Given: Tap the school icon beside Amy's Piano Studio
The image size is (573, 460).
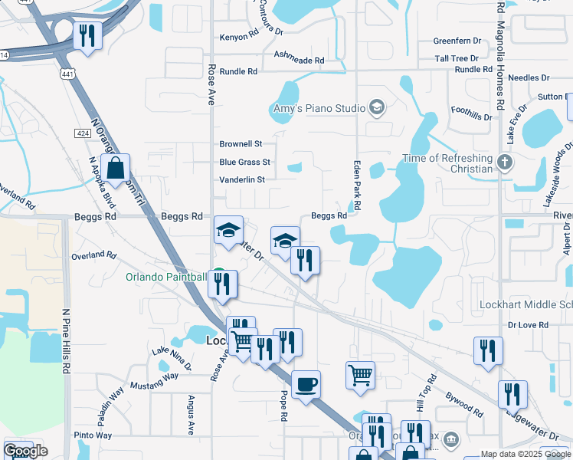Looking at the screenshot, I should point(376,107).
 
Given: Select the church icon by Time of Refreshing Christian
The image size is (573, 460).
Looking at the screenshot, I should point(504,163).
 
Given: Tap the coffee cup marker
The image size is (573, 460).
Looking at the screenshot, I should point(306,384).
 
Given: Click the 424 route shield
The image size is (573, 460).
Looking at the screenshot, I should point(83,133).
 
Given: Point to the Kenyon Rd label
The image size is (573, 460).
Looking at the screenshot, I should point(240,37).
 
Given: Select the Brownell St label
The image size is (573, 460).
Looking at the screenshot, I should point(241,144).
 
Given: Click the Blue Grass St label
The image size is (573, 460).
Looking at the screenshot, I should point(244,163).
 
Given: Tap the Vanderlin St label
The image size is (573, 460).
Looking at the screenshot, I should point(241,180).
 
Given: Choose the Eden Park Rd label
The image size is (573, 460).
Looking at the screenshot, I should point(356,186).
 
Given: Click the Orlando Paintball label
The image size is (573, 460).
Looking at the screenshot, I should point(166,277).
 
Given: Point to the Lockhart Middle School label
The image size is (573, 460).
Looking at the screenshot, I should point(525,304).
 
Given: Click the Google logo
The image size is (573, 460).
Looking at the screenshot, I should point(25,451).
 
